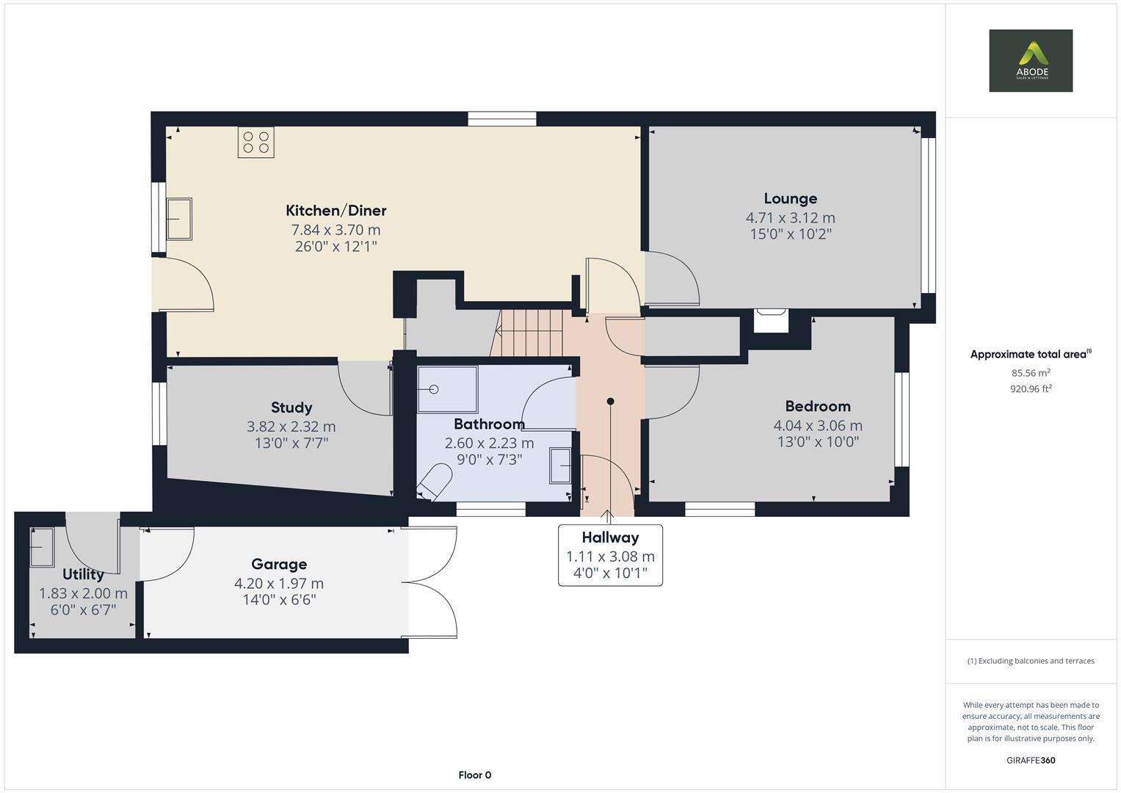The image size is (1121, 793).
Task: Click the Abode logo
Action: [1030, 60]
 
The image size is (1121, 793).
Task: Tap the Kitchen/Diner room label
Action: [335, 211]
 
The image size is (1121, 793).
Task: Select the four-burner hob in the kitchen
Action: [255, 142]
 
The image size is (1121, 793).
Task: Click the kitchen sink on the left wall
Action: [178, 219]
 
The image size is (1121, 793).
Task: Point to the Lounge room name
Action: [790, 198]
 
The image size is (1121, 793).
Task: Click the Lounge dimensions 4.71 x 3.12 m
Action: [790, 218]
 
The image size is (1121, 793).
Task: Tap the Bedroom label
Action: [817, 406]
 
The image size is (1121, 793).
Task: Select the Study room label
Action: [291, 408]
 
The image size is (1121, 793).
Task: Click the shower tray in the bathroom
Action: [446, 389]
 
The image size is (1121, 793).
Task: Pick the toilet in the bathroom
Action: [434, 482]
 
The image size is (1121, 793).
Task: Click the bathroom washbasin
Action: [561, 465]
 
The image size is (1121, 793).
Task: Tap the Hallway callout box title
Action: [610, 537]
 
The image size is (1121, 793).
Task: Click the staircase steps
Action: [530, 332]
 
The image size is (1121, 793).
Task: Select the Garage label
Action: [279, 564]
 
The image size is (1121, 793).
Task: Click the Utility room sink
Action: [42, 547]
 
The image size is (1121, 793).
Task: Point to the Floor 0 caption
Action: [474, 775]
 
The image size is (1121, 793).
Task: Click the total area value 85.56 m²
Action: [1030, 373]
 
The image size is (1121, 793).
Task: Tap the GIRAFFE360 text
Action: [1030, 760]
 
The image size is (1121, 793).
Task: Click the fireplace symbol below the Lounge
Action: [770, 321]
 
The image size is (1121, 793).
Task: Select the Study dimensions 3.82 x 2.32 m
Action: [291, 427]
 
